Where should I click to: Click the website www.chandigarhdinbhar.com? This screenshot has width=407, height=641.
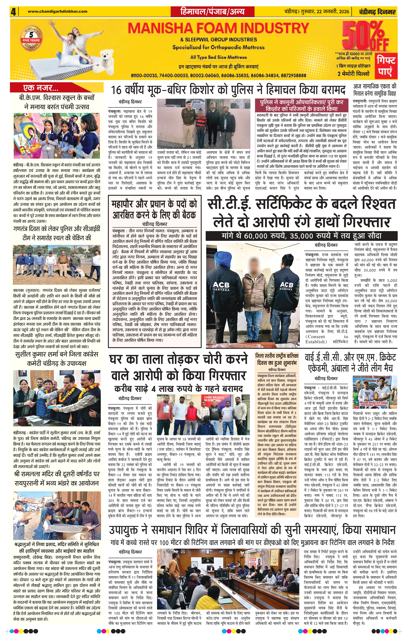[x=58, y=11]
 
